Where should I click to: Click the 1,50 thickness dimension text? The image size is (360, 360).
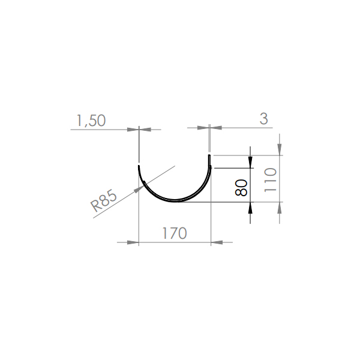(91, 121)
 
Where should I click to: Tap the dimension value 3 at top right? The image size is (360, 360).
(264, 119)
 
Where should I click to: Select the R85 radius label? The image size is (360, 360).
(104, 200)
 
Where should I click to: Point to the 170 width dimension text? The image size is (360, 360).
(175, 233)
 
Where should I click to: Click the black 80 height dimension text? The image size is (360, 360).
(241, 188)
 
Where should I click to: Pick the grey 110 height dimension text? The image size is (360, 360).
(271, 180)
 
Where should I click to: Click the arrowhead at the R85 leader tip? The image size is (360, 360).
(139, 189)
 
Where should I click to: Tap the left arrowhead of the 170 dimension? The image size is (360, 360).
(133, 242)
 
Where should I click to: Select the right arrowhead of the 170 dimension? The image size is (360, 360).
(217, 242)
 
